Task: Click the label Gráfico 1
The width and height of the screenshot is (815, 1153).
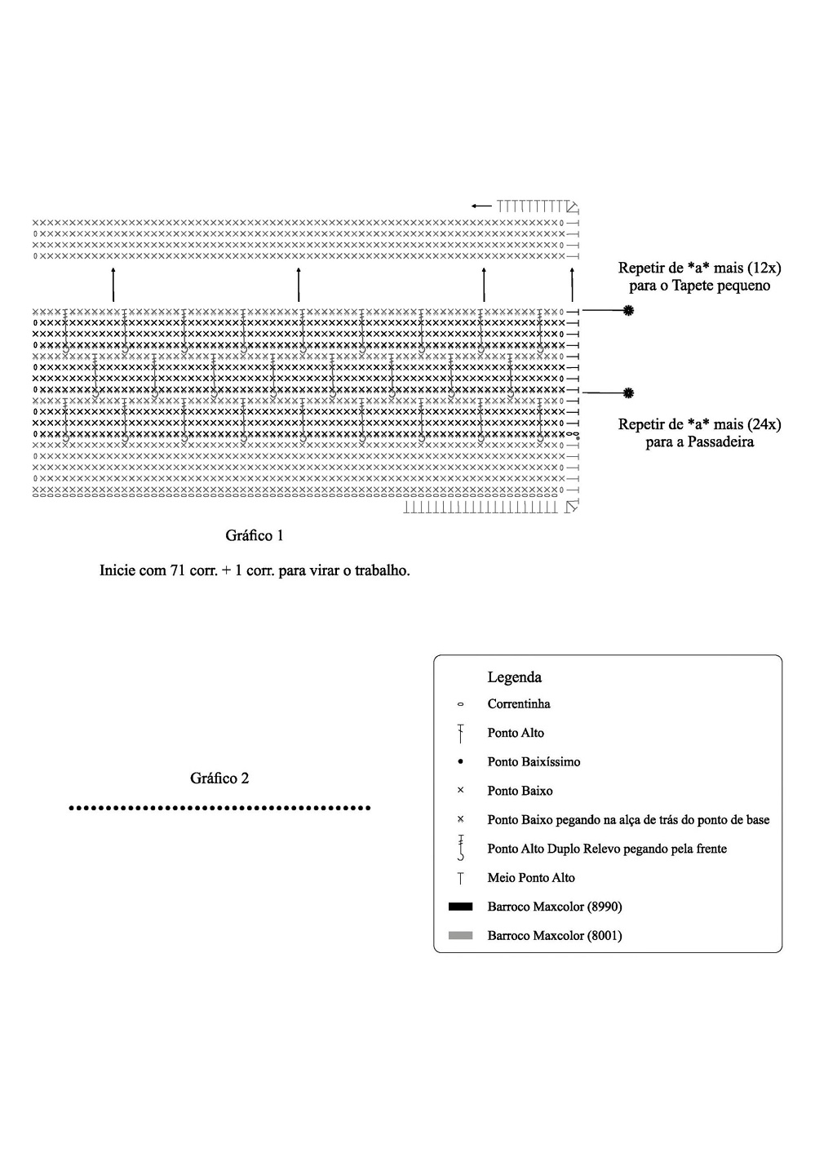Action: tap(254, 535)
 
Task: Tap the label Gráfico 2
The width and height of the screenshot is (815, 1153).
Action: tap(219, 778)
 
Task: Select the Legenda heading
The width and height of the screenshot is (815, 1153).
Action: tap(514, 676)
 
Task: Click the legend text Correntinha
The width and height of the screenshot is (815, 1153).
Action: tap(518, 703)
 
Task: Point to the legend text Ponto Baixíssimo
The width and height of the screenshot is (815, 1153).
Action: tap(534, 761)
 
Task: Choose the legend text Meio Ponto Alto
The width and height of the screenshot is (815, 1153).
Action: tap(530, 877)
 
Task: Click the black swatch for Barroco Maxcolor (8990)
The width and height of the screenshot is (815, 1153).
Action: tap(460, 906)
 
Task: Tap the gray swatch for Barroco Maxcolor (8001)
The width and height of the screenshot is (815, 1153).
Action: tap(460, 935)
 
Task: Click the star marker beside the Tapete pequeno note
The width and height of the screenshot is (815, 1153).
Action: tap(628, 310)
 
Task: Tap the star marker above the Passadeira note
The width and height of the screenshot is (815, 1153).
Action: tap(628, 392)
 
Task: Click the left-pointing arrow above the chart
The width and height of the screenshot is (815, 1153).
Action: tap(481, 206)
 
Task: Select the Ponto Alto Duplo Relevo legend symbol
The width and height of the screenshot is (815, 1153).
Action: tap(461, 848)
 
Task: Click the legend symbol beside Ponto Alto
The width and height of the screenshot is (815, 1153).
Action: tap(461, 733)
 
